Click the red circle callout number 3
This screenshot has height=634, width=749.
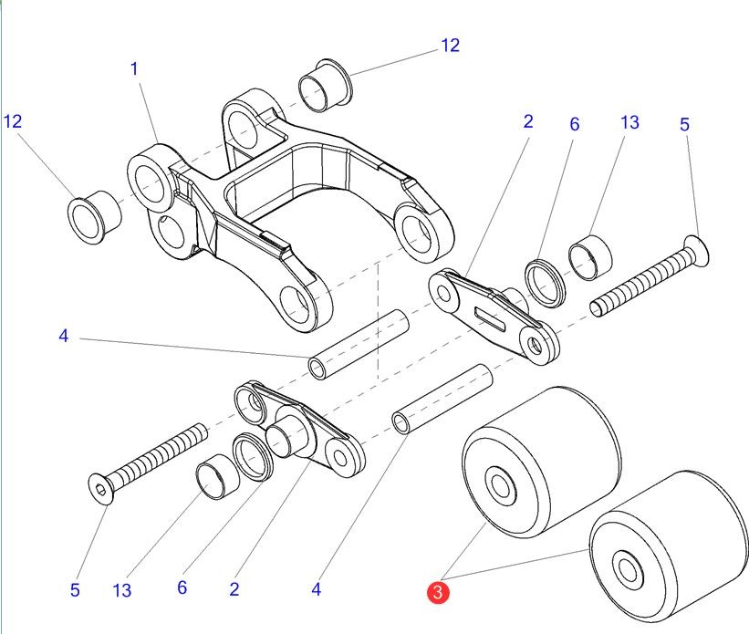[439, 593]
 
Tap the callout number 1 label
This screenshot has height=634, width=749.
[134, 68]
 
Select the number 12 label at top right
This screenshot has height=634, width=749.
[450, 45]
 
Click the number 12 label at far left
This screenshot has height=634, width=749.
[13, 120]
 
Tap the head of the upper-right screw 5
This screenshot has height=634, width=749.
[698, 246]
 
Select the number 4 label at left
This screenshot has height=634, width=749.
[63, 337]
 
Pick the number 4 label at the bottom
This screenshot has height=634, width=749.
[316, 589]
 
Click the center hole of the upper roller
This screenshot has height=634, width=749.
[499, 484]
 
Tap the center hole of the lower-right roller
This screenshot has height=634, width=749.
[627, 570]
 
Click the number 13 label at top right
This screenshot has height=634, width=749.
[629, 121]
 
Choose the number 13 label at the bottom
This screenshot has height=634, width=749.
[122, 590]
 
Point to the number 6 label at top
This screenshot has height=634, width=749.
[574, 124]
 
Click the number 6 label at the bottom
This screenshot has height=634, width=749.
[182, 587]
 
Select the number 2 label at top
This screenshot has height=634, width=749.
[527, 120]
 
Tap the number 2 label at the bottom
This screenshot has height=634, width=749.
[234, 589]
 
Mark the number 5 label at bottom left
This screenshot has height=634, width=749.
[75, 590]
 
